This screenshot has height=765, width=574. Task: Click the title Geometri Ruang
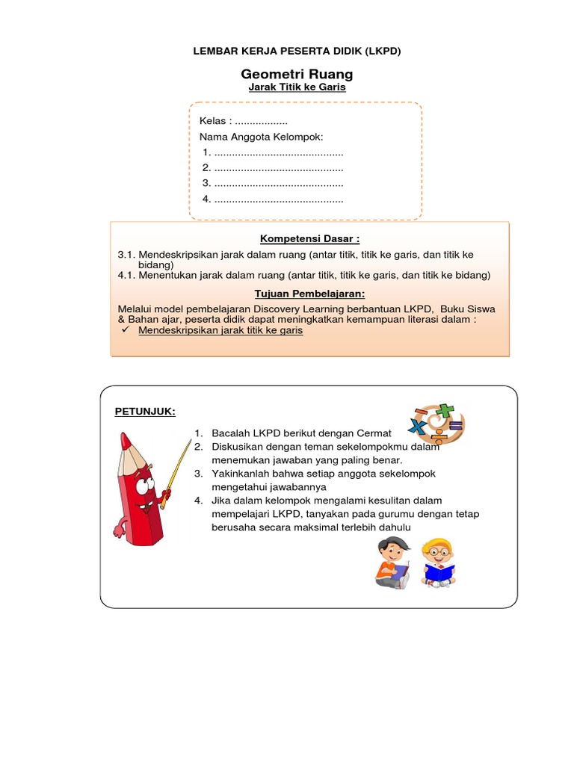[297, 74]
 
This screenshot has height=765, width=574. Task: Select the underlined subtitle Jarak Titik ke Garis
[297, 87]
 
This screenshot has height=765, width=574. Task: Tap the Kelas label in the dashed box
[213, 121]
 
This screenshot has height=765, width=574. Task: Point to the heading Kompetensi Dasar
[309, 238]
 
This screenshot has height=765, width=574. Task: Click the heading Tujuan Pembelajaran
[309, 294]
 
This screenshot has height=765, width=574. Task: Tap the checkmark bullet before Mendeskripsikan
[126, 329]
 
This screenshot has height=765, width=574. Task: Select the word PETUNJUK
[144, 411]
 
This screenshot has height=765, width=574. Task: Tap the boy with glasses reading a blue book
[438, 562]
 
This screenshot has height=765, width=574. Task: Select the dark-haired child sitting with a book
[393, 562]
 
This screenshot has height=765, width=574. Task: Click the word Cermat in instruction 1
[372, 433]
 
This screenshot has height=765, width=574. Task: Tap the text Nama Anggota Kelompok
[261, 137]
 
